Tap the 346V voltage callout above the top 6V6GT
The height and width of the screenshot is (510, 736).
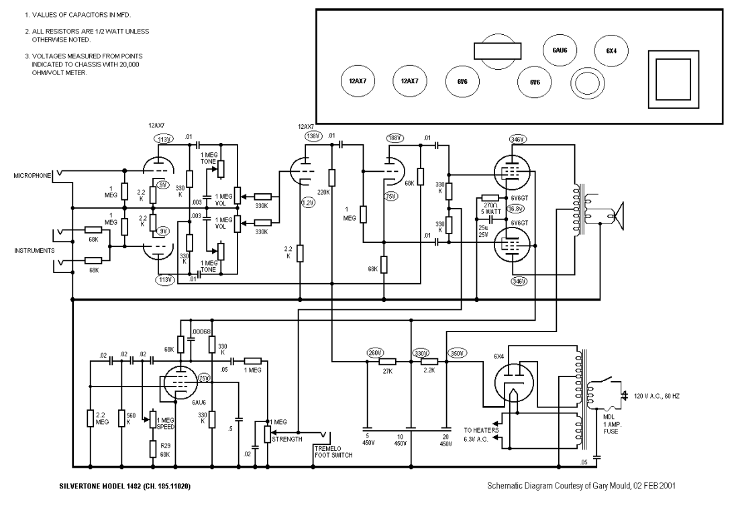coord(517,139)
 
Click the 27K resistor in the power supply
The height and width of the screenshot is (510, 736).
coord(386,362)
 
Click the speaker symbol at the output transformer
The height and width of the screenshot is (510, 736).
coord(618,215)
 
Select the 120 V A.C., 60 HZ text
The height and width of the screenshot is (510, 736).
coord(657,396)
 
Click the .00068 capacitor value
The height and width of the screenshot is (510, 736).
coord(201,331)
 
